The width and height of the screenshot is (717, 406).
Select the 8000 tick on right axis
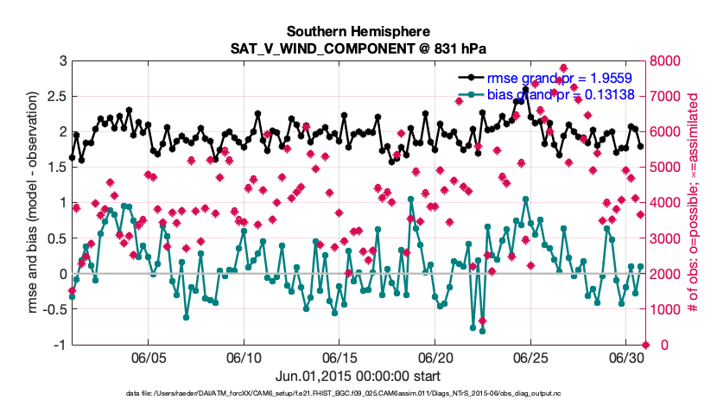coord(669,60)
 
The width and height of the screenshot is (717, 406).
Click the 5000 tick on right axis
coord(669,167)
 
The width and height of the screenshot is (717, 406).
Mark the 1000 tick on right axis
coord(669,309)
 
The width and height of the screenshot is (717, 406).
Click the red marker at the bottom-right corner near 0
coord(644,345)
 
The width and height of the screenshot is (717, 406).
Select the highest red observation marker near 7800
coord(563,67)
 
